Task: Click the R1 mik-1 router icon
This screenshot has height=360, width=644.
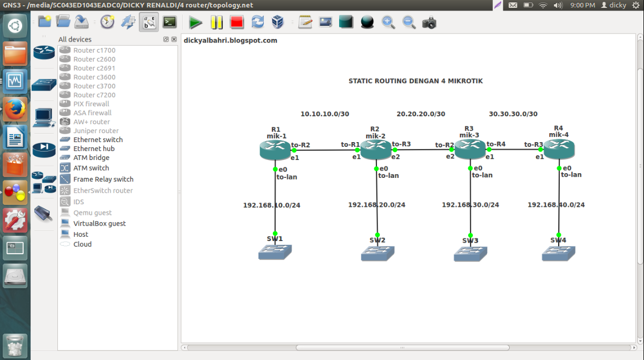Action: pyautogui.click(x=275, y=150)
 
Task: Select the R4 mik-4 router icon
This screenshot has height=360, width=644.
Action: pyautogui.click(x=559, y=149)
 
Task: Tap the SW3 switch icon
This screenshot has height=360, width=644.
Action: pyautogui.click(x=470, y=254)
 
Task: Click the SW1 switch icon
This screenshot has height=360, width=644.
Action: pyautogui.click(x=275, y=252)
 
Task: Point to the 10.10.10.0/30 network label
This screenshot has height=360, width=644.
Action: pyautogui.click(x=325, y=114)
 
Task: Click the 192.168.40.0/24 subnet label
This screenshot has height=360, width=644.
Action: pyautogui.click(x=556, y=205)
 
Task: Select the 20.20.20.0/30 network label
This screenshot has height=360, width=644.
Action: pyautogui.click(x=421, y=114)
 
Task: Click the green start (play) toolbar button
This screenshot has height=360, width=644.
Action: pyautogui.click(x=196, y=23)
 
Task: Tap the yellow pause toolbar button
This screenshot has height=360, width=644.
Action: pyautogui.click(x=216, y=23)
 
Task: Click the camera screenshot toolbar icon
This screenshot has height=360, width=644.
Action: pyautogui.click(x=429, y=23)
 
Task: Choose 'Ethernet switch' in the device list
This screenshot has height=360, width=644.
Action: pyautogui.click(x=98, y=139)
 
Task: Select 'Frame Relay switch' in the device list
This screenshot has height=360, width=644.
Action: pyautogui.click(x=103, y=179)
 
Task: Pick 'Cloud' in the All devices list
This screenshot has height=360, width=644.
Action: pyautogui.click(x=82, y=244)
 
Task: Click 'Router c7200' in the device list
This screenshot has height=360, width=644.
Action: pyautogui.click(x=94, y=95)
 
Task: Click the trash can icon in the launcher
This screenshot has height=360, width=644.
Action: pyautogui.click(x=15, y=346)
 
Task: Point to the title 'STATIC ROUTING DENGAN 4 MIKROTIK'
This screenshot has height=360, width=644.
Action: pyautogui.click(x=415, y=81)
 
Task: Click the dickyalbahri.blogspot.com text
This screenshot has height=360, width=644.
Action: pyautogui.click(x=230, y=41)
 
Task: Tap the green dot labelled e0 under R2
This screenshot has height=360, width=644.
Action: pyautogui.click(x=377, y=169)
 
